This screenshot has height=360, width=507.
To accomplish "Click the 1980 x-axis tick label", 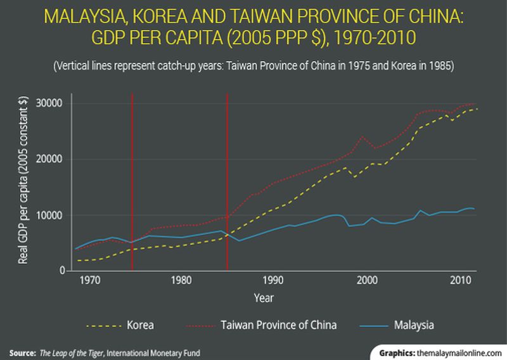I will coord(181,280).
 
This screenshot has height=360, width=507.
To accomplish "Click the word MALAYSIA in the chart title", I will coord(89,14).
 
